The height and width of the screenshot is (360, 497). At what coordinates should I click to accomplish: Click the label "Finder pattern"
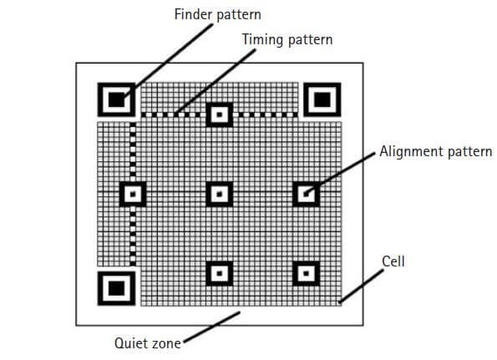pos(217,14)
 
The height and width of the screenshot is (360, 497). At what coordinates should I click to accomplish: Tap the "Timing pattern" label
pos(287,40)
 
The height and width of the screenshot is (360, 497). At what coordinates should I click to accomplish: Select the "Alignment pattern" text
pos(436,151)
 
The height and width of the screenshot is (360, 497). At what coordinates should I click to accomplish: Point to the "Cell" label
pos(393,261)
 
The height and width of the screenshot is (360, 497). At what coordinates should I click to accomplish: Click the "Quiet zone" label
pos(147,343)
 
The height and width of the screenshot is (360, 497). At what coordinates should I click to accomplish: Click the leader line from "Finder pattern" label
pos(168,60)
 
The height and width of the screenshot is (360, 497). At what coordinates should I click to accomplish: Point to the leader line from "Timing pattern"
pos(216,82)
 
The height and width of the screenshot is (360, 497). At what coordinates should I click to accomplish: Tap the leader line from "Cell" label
pos(361,286)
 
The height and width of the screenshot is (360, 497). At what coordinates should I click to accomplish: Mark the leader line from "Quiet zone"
pos(212,327)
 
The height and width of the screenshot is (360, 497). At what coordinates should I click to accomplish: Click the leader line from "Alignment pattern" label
pos(339,174)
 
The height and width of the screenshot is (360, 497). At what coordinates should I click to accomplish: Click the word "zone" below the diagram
pos(165,344)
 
